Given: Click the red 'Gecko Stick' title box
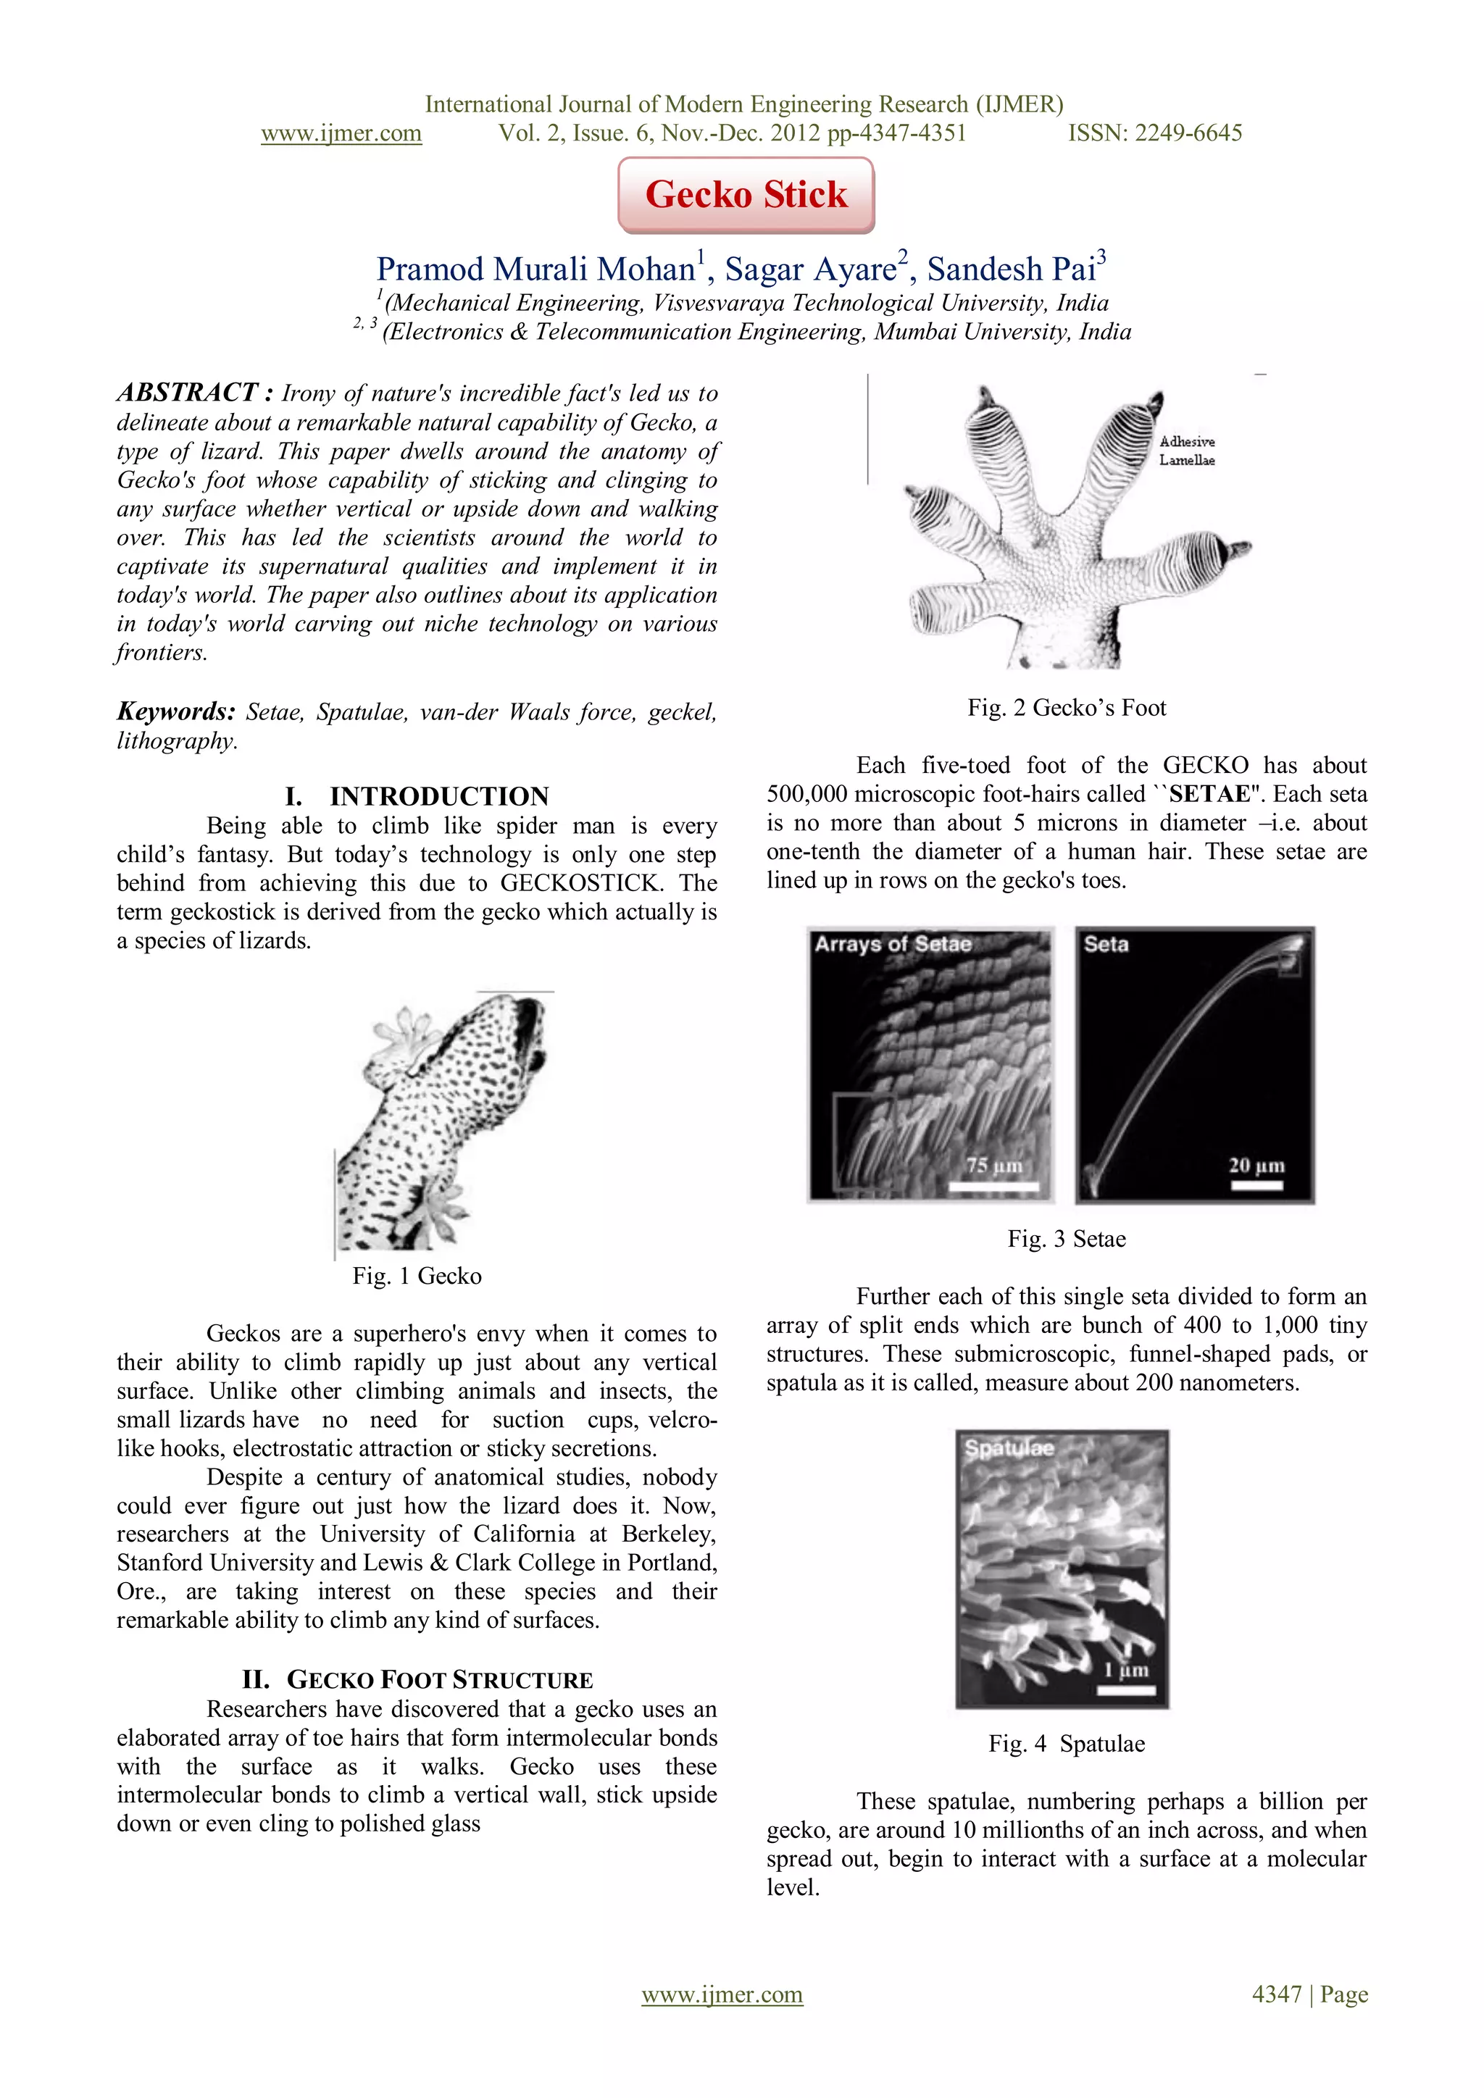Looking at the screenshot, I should pyautogui.click(x=746, y=195).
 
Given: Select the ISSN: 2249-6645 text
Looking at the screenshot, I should pyautogui.click(x=1155, y=133).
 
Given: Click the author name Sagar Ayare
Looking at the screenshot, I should pyautogui.click(x=811, y=269).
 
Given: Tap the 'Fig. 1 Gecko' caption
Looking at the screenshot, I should pyautogui.click(x=417, y=1276).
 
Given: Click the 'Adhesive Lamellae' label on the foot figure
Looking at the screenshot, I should pyautogui.click(x=1187, y=451).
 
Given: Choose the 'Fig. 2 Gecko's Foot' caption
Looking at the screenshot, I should pyautogui.click(x=1067, y=709).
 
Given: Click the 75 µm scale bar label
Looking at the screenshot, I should pyautogui.click(x=994, y=1166).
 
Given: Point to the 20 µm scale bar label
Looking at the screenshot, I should pyautogui.click(x=1256, y=1166).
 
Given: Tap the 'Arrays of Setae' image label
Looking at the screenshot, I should pyautogui.click(x=893, y=945).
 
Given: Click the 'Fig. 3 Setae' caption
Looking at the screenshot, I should pyautogui.click(x=1067, y=1239).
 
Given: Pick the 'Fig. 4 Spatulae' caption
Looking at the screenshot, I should pyautogui.click(x=1067, y=1744).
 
